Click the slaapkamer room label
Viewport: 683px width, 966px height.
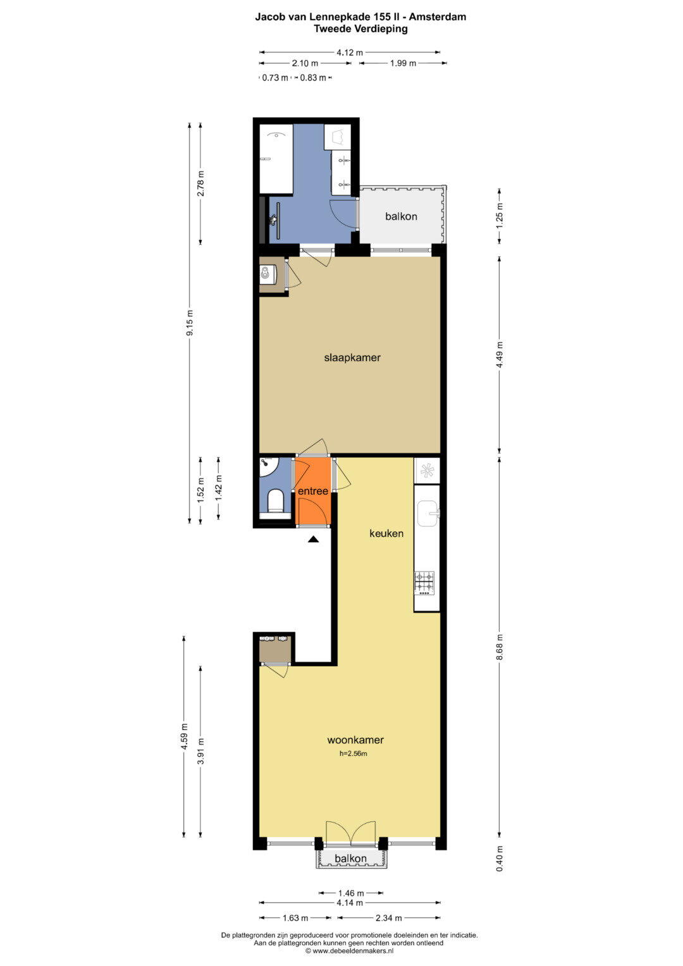(352, 357)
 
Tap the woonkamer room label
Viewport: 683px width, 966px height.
(355, 740)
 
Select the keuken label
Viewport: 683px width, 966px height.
(386, 533)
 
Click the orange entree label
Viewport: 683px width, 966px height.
(313, 491)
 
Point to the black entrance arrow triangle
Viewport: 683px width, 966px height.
(314, 538)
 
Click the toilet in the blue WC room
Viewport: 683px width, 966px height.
(275, 501)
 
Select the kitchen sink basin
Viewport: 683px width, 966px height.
(428, 513)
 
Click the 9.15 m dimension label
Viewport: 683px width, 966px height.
(190, 323)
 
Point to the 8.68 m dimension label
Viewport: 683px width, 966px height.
(500, 647)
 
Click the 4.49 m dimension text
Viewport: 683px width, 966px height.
(500, 355)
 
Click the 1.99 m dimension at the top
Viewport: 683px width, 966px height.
(403, 63)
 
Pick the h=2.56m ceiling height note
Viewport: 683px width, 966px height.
(353, 754)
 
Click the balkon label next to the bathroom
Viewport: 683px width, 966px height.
(401, 216)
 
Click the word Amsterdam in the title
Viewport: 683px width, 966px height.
(437, 17)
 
